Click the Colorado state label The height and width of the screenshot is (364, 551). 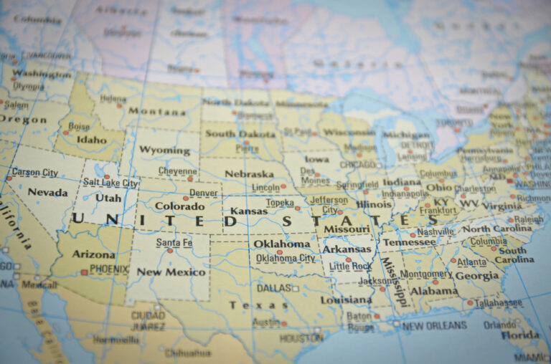coord(179,206)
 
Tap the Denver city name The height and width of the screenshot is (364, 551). coord(204,193)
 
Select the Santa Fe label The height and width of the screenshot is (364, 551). coord(174,243)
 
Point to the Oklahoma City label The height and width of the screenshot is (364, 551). coord(286,258)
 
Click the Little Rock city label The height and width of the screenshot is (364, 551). coord(351,267)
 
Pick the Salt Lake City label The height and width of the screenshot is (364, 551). coord(110,183)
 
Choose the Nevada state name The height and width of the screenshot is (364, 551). coord(47,192)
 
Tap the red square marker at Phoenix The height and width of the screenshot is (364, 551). coord(85,272)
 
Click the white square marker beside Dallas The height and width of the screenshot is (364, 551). coord(294,288)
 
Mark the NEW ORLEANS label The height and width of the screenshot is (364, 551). coord(435,325)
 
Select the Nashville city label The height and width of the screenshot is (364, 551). coord(435,231)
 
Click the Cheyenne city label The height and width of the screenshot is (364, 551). coord(177,171)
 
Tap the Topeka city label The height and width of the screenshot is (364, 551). coord(280,203)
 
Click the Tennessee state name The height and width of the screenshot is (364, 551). coord(409,242)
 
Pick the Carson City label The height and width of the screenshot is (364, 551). coord(35,173)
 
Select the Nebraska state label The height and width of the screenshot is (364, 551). coord(249,173)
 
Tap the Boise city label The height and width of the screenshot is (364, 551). coord(79,126)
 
